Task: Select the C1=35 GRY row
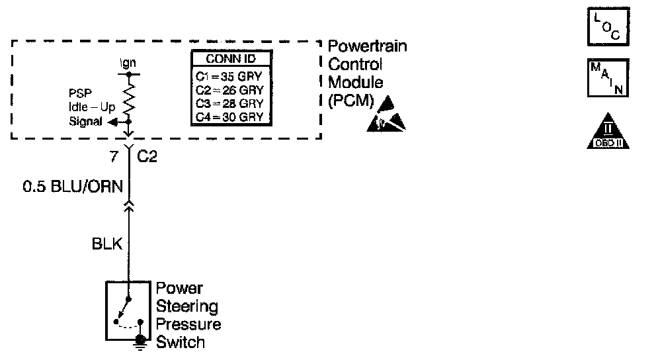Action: click(229, 75)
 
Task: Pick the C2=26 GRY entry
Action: click(229, 89)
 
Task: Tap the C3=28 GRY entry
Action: click(229, 103)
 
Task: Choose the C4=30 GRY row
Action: click(229, 117)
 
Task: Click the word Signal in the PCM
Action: click(85, 122)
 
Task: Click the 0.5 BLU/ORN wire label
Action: click(73, 187)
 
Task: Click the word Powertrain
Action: click(368, 48)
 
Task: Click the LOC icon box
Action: click(608, 26)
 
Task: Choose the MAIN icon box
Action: click(608, 77)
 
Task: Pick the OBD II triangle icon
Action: click(608, 134)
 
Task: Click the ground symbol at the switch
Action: click(140, 341)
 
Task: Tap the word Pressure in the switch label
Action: click(188, 325)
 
